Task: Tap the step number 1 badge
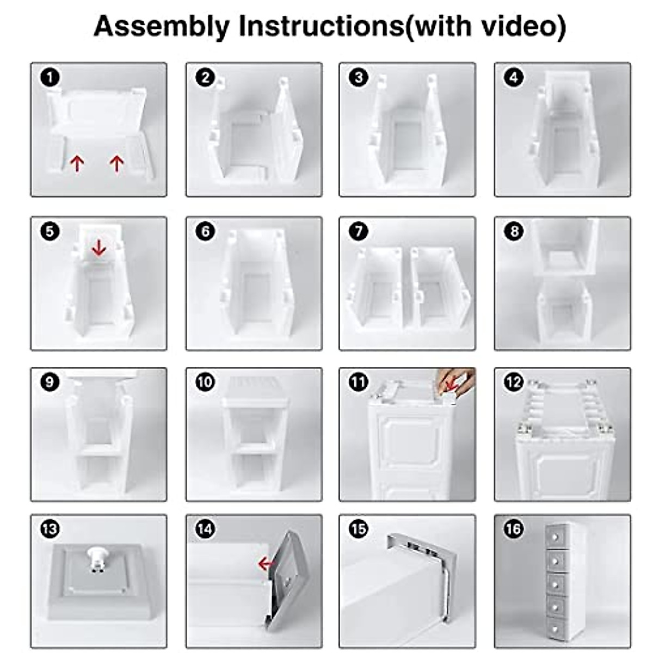50,77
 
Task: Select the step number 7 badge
358,231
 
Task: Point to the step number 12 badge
513,382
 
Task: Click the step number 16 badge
513,528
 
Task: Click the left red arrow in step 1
77,163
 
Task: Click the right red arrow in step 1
116,163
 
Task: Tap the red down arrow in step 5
98,248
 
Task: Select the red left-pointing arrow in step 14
265,564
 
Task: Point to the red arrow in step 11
450,385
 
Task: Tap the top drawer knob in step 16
556,537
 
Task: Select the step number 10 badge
205,382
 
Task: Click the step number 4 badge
513,77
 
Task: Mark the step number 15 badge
358,528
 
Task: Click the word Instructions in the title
321,26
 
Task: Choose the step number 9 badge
50,382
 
